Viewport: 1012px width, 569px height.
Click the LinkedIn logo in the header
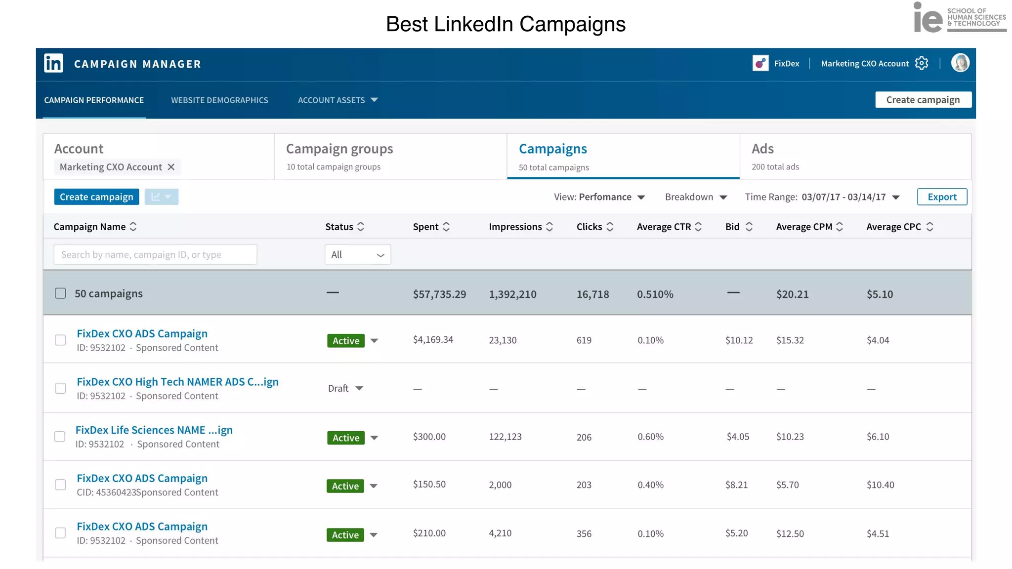[53, 63]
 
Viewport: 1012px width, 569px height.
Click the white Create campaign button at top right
[923, 100]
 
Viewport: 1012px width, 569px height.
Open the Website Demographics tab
[219, 100]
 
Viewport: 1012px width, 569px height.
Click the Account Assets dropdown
[337, 100]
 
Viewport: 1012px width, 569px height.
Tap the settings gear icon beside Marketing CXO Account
[921, 63]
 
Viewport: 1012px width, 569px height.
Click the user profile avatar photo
[960, 63]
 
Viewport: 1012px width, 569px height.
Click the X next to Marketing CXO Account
[171, 167]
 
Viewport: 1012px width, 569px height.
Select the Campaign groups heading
[339, 149]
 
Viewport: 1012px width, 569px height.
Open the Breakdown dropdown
[696, 197]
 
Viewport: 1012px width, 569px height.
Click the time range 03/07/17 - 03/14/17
[843, 197]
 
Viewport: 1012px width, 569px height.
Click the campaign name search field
[155, 255]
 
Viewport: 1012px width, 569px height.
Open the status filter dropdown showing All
[357, 255]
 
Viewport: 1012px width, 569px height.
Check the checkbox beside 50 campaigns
[60, 293]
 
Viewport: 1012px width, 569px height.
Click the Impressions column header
[515, 227]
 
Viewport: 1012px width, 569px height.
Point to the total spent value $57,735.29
[439, 294]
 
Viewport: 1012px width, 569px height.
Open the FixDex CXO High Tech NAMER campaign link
[177, 382]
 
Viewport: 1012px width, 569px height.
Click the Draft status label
[338, 389]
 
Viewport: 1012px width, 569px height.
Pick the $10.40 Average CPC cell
[880, 485]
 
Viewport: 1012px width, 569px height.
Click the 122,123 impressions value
[505, 437]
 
